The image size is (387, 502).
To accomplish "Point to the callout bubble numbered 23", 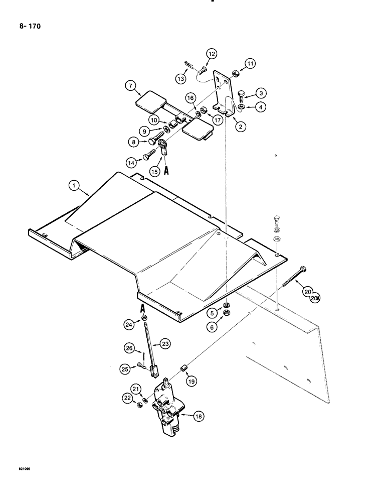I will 166,344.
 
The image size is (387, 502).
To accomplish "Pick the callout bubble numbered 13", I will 180,79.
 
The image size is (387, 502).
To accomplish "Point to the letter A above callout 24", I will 143,307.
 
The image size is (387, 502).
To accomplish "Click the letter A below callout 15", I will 167,171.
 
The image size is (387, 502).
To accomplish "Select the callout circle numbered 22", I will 127,398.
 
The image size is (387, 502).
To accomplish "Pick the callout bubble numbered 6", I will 213,327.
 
